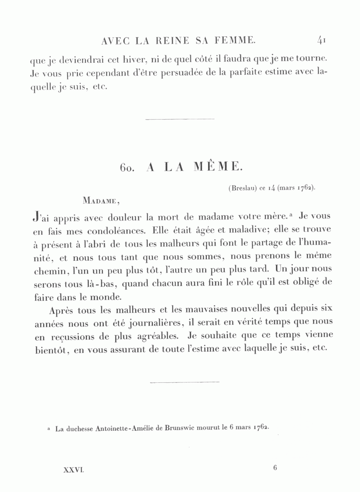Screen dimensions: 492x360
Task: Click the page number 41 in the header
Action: [322, 40]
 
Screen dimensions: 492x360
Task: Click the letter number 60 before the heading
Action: [127, 168]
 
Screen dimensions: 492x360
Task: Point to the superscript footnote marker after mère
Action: [292, 216]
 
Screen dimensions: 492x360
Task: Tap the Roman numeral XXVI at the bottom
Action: [74, 471]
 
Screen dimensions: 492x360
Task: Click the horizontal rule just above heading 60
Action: [180, 119]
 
